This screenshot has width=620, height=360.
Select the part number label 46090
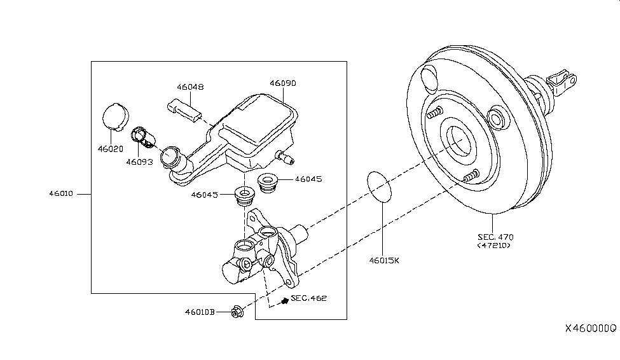(282, 83)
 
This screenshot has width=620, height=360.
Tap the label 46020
(110, 148)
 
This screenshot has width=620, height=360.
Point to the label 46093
(139, 162)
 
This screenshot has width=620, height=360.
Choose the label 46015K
(385, 260)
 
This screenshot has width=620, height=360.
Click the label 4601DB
(200, 312)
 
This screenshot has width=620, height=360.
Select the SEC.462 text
(308, 298)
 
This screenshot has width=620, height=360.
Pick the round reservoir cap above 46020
(114, 116)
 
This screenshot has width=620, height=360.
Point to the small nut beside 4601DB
(237, 312)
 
